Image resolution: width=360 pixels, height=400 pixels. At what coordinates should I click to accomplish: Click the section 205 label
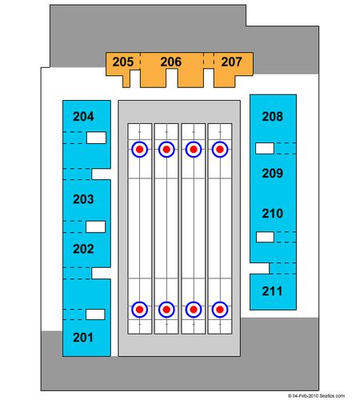coord(123,62)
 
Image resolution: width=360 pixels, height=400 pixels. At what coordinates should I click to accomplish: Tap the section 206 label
coord(171,62)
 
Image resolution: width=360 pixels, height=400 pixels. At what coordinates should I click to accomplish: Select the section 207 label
coord(231,62)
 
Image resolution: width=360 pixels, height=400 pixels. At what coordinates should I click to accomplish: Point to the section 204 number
coord(83,117)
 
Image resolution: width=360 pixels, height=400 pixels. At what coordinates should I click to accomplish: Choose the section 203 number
coord(83,199)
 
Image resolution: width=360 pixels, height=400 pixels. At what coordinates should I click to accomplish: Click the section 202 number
coord(83,249)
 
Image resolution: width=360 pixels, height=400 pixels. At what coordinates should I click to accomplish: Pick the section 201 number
coord(83,338)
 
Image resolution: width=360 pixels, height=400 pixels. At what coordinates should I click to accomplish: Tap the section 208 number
coord(272,117)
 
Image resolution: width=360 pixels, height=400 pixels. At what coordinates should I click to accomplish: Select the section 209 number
coord(272,174)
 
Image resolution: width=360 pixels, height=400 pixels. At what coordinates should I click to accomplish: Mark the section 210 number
coord(272,214)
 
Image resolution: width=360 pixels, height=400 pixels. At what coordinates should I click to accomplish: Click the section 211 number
coord(272,291)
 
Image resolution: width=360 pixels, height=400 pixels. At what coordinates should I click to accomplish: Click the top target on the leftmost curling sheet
coord(139,150)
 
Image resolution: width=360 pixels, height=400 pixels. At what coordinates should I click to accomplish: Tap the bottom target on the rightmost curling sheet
coord(220,310)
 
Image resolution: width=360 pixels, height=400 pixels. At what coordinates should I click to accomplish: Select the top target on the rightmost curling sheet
coord(220,150)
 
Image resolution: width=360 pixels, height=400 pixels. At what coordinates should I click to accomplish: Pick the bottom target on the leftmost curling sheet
coord(139,310)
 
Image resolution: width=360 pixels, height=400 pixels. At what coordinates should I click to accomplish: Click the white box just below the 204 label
coord(96,138)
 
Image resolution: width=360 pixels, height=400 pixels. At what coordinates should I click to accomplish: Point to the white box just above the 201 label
coord(95,314)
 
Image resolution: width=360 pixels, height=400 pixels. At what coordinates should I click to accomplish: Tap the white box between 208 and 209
coord(265,148)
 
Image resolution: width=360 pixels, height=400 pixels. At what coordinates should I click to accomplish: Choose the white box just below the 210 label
coord(265,237)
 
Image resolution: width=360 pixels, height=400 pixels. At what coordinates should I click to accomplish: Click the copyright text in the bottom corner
coord(316,396)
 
